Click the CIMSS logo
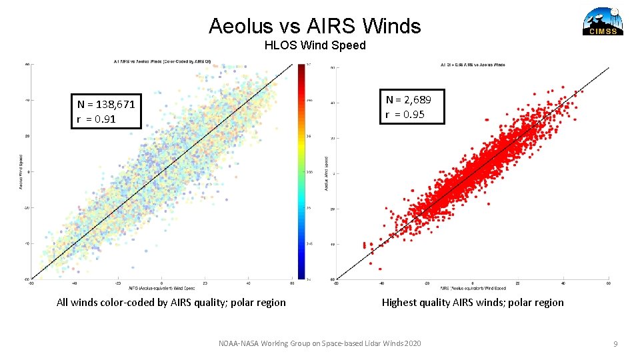pos(603,21)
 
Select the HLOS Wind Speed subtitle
pos(315,45)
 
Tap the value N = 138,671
pos(106,104)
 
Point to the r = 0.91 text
pos(97,120)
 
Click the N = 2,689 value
pos(408,99)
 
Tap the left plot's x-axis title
pos(163,288)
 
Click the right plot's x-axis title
pos(473,288)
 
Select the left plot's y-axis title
pos(21,171)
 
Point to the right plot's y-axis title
pos(327,173)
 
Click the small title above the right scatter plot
pos(473,65)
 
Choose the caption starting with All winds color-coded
pos(171,303)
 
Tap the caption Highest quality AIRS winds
pos(473,303)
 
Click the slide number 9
pos(616,344)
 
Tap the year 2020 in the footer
pos(412,343)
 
